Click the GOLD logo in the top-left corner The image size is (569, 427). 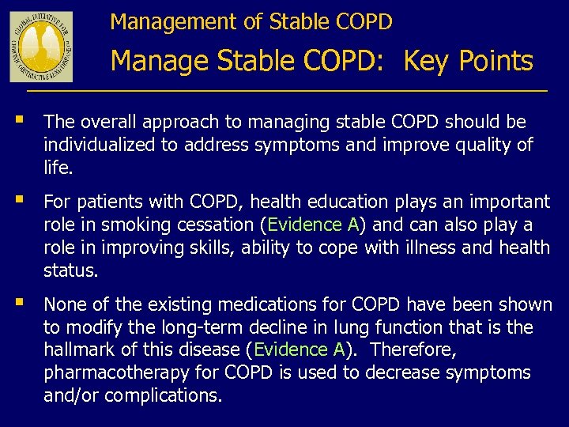(x=41, y=47)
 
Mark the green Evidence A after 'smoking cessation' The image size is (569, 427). (x=314, y=225)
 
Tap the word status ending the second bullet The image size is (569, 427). (x=71, y=270)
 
